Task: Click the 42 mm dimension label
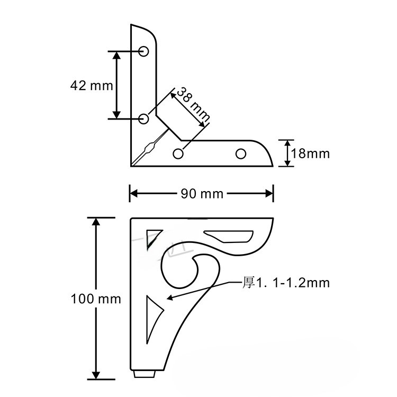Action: [x=92, y=86]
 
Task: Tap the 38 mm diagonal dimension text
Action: [x=193, y=104]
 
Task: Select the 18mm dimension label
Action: [x=310, y=154]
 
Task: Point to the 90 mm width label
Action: [x=202, y=194]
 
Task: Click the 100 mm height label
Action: [x=96, y=299]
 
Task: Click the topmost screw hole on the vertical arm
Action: [x=143, y=51]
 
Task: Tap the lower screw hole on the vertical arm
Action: [x=143, y=119]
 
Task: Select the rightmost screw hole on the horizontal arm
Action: [x=241, y=154]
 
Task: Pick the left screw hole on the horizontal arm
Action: [x=178, y=154]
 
